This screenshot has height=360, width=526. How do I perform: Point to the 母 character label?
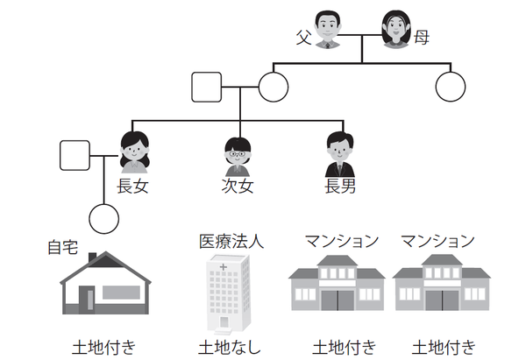pos(421,38)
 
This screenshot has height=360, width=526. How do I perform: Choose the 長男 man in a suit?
pos(338,154)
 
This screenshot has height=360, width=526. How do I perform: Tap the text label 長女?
pos(132,186)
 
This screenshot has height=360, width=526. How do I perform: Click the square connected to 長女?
pos(74,156)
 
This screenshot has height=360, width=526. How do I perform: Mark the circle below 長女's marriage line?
pos(104,217)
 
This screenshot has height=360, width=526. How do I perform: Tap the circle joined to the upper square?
pos(274,87)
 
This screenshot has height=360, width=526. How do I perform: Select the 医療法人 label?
pos(232,240)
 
